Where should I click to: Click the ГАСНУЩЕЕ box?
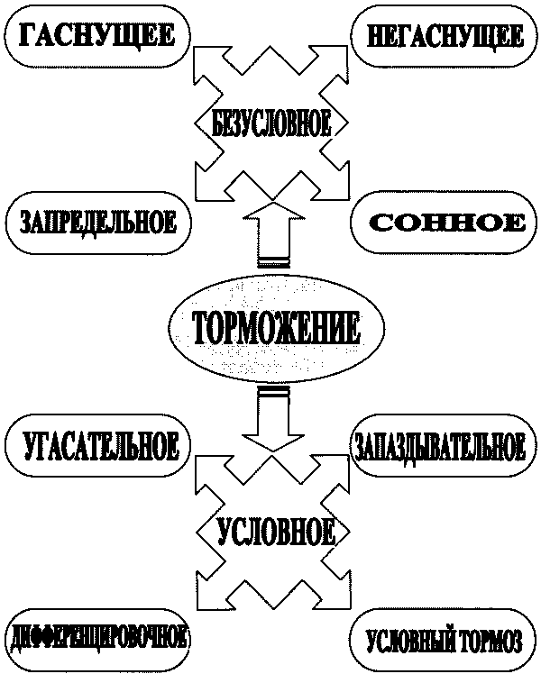[x=98, y=37]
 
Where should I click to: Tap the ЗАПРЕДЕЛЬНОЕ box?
[x=97, y=222]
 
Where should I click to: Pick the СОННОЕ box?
[x=447, y=222]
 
